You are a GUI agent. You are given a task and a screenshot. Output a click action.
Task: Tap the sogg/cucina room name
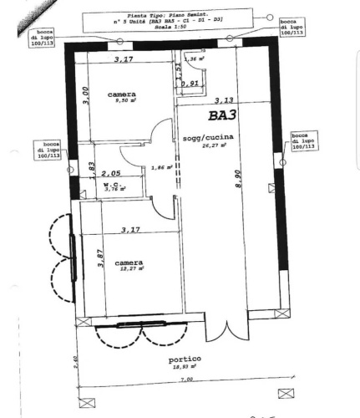[x=203, y=137]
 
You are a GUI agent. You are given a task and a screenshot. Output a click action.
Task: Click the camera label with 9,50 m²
[x=122, y=94]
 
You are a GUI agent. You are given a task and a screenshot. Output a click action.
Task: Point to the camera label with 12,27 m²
[x=129, y=263]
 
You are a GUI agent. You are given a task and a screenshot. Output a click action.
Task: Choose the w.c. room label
[x=109, y=182]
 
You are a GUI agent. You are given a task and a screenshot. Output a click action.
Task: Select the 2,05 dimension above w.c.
[x=110, y=173]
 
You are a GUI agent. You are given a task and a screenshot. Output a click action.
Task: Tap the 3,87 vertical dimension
[x=99, y=260]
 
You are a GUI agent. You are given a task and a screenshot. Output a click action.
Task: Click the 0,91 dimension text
[x=190, y=84]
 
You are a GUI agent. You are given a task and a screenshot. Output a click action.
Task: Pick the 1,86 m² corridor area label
[x=164, y=167]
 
